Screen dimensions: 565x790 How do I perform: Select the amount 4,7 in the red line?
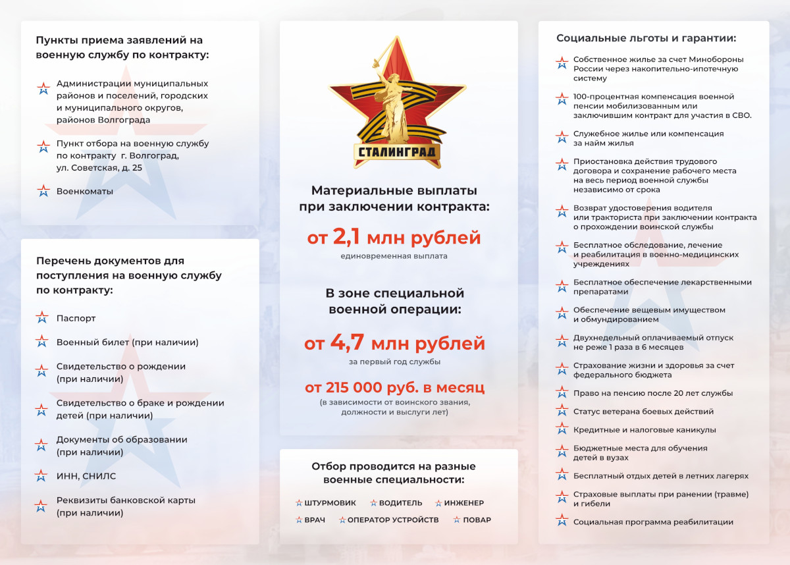click(x=348, y=343)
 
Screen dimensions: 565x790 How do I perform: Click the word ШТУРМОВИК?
click(x=330, y=503)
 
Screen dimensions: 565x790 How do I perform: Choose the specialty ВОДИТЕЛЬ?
click(x=400, y=503)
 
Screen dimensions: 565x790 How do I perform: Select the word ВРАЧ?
click(x=315, y=520)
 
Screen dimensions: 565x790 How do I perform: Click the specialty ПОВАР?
click(x=477, y=520)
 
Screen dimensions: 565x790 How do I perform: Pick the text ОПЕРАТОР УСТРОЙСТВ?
click(x=392, y=520)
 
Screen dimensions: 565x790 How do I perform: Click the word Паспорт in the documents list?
click(x=76, y=318)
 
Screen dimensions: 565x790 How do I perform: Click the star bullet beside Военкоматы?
click(x=43, y=191)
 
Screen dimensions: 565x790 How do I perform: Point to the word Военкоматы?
click(x=85, y=191)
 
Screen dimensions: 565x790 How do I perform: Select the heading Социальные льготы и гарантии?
click(x=646, y=38)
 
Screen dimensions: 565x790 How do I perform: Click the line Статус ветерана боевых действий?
click(x=634, y=412)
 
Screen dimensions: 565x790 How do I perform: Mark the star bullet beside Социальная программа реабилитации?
click(x=562, y=522)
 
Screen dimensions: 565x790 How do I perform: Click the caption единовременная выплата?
click(x=394, y=256)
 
